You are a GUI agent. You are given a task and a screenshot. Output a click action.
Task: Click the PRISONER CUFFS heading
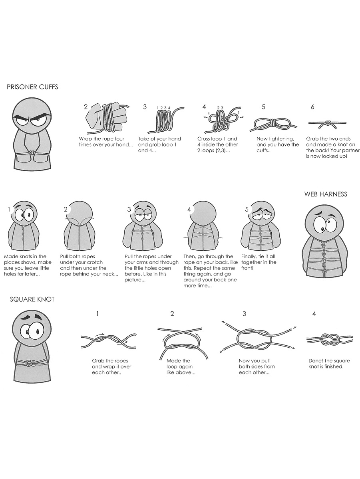pyautogui.click(x=32, y=87)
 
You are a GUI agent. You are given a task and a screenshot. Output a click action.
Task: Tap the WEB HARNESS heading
pyautogui.click(x=326, y=194)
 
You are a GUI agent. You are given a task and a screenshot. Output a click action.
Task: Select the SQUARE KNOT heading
pyautogui.click(x=32, y=299)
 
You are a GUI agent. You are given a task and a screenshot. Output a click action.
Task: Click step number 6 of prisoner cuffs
pyautogui.click(x=312, y=107)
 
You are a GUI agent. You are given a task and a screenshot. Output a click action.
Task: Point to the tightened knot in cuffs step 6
pyautogui.click(x=327, y=123)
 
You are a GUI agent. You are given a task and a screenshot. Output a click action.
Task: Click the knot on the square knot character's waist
pyautogui.click(x=30, y=364)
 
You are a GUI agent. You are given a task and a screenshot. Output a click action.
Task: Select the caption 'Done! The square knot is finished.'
pyautogui.click(x=329, y=364)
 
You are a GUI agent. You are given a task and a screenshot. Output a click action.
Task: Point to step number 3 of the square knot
pyautogui.click(x=244, y=314)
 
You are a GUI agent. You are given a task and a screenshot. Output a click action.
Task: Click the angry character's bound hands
pyautogui.click(x=32, y=153)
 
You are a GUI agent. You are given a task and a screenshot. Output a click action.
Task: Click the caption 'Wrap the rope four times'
pyautogui.click(x=106, y=142)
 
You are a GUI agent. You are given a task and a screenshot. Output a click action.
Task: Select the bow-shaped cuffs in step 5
pyautogui.click(x=273, y=125)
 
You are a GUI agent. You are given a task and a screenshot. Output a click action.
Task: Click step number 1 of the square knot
pyautogui.click(x=97, y=314)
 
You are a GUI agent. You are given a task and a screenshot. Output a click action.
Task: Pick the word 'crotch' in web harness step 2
pyautogui.click(x=95, y=262)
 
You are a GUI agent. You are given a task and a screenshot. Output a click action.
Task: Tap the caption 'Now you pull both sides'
pyautogui.click(x=257, y=366)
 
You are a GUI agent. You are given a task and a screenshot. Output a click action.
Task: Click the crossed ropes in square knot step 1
pyautogui.click(x=109, y=340)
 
